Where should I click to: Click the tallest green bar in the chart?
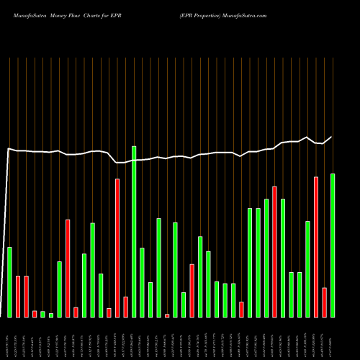[134, 231]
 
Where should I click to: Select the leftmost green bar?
[9, 282]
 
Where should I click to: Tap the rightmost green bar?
[333, 245]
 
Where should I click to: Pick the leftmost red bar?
[18, 296]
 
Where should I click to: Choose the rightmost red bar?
[325, 302]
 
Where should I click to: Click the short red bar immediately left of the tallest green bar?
[125, 307]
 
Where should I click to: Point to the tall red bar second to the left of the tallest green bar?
[117, 248]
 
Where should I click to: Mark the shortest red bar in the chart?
[167, 315]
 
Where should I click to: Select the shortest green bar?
[51, 315]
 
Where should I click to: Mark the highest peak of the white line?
[307, 138]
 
